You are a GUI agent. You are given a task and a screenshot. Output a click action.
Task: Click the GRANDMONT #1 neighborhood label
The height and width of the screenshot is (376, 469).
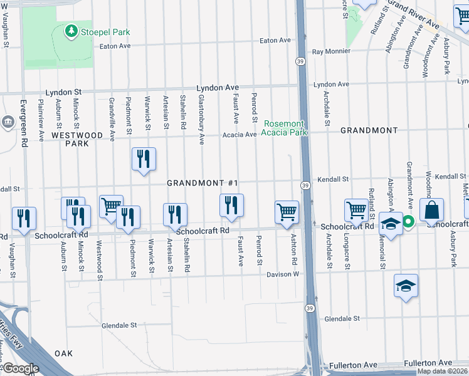(x=203, y=183)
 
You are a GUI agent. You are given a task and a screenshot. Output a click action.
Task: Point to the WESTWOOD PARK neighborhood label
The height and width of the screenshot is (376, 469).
(x=77, y=138)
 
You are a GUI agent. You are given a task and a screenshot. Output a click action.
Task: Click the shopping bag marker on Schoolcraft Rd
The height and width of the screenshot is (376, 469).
(x=432, y=212)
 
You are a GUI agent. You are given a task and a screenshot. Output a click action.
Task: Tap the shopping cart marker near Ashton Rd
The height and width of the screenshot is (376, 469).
(x=287, y=212)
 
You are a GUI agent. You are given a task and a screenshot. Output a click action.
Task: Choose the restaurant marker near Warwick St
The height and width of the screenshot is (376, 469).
(x=144, y=159)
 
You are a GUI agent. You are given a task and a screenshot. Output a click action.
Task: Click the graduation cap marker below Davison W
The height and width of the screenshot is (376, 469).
(x=406, y=286)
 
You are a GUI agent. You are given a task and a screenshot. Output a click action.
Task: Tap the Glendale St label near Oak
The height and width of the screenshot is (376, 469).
(x=119, y=325)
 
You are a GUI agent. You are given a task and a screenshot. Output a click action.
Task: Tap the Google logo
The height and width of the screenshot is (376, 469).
(x=21, y=368)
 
